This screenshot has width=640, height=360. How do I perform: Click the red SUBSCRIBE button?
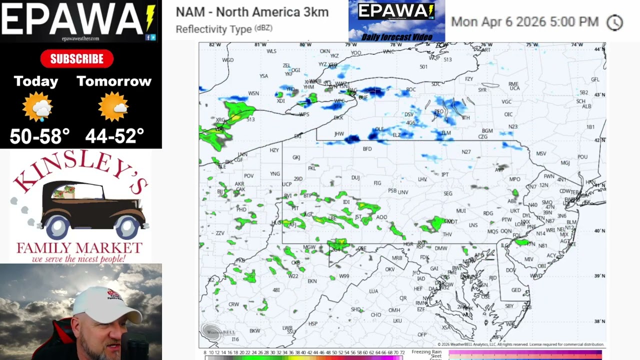pyautogui.click(x=76, y=59)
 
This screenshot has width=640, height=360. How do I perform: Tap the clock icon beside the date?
pyautogui.click(x=614, y=22)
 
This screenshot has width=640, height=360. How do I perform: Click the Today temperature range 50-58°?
pyautogui.click(x=39, y=136)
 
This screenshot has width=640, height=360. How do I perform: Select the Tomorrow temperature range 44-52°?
pyautogui.click(x=114, y=136)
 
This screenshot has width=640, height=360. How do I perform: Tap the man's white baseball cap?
pyautogui.click(x=107, y=304)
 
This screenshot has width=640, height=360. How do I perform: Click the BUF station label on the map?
pyautogui.click(x=363, y=97)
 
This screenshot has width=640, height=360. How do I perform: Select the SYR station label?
pyautogui.click(x=482, y=90)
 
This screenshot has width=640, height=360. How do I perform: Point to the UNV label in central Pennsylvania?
pyautogui.click(x=402, y=192)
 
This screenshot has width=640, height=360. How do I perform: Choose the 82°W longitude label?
pyautogui.click(x=215, y=45)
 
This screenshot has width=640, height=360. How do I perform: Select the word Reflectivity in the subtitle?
pyautogui.click(x=199, y=29)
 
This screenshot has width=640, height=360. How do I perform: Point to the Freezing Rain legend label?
pyautogui.click(x=426, y=352)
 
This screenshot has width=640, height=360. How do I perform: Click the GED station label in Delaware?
pyautogui.click(x=516, y=290)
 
